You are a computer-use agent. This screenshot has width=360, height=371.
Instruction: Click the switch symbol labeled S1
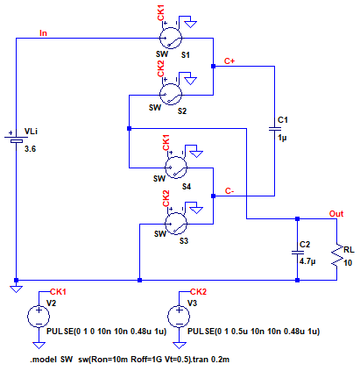171,38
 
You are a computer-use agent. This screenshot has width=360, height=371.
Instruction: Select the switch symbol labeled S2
171,95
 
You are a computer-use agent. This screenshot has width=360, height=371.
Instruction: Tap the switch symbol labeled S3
176,224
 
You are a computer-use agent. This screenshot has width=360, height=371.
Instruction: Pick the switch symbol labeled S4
176,168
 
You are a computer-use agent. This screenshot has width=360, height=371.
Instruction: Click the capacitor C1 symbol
274,129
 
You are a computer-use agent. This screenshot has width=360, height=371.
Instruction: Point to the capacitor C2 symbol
297,253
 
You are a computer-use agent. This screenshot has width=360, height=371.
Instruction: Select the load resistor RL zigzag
337,255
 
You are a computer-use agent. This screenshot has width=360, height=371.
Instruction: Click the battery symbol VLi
17,139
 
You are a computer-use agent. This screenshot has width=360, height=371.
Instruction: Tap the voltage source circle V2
39,317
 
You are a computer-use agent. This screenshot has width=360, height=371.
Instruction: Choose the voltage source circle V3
179,317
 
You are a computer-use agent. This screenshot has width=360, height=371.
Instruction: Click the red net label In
43,33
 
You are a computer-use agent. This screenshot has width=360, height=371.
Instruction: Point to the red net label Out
336,214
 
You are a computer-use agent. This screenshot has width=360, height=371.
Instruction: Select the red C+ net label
229,61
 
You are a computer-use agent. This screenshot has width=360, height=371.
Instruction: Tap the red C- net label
229,191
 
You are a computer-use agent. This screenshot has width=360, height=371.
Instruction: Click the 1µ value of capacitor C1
282,138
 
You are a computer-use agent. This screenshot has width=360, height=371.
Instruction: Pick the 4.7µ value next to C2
307,261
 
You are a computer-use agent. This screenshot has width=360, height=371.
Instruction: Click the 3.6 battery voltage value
30,149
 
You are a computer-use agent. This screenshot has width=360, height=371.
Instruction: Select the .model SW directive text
52,360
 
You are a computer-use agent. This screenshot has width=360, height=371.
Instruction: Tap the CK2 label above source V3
198,292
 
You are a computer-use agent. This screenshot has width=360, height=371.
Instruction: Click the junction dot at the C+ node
213,67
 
